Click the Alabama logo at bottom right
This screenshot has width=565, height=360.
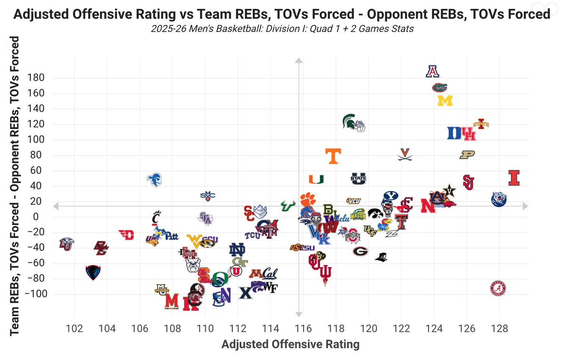(x=499, y=288)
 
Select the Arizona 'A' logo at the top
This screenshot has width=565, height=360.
(x=432, y=71)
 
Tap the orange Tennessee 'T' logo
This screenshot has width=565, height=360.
(x=333, y=156)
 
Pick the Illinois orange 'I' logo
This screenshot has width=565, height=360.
(x=514, y=178)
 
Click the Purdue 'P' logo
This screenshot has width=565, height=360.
(x=468, y=155)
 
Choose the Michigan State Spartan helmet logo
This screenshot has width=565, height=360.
(x=349, y=121)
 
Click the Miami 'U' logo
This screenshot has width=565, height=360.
(x=316, y=179)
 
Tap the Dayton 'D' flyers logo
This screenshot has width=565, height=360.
(x=126, y=234)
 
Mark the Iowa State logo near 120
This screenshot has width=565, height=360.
(x=481, y=124)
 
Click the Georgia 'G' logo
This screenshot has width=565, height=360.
(x=361, y=251)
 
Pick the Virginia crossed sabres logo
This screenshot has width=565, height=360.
(x=404, y=154)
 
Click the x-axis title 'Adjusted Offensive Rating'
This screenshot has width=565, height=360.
(x=291, y=344)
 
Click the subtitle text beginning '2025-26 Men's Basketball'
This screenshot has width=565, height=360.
(x=282, y=29)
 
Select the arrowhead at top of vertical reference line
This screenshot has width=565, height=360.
(x=298, y=60)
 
